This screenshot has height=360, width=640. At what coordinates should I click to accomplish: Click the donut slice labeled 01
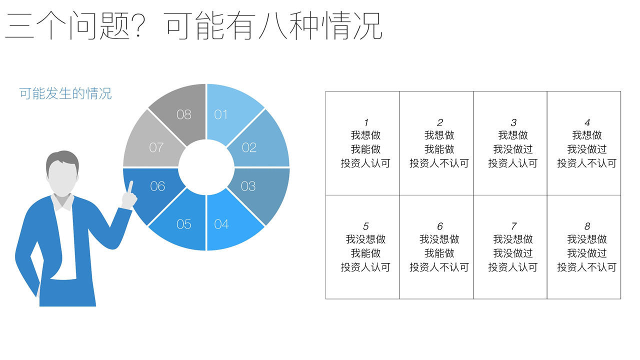point(228,114)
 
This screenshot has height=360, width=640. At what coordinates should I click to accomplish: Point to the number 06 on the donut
point(157,186)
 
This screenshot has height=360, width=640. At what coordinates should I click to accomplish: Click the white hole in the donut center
point(206,167)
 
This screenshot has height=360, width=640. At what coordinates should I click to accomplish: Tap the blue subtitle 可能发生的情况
point(65,93)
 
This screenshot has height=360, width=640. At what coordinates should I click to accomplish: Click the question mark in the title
point(138,25)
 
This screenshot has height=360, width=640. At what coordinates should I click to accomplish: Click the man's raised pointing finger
point(130,187)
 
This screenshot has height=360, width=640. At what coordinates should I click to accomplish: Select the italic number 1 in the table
point(366,122)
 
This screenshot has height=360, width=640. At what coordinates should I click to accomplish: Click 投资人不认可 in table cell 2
point(439,163)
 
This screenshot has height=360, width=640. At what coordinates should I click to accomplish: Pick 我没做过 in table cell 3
point(513,149)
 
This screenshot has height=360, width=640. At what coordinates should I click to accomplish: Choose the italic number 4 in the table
point(587,122)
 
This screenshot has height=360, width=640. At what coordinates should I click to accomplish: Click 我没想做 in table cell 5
point(365,239)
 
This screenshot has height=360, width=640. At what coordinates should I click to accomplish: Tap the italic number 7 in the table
point(513,226)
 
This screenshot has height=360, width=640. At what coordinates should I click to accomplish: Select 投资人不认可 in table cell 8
point(587,267)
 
